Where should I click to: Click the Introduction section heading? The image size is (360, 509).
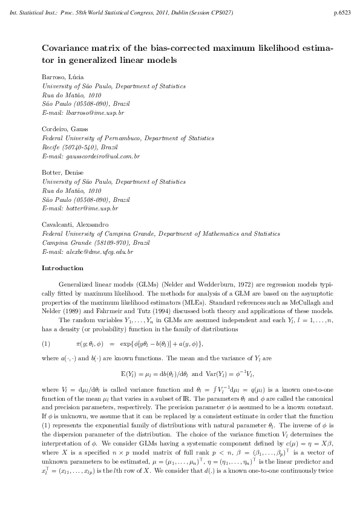62,268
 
